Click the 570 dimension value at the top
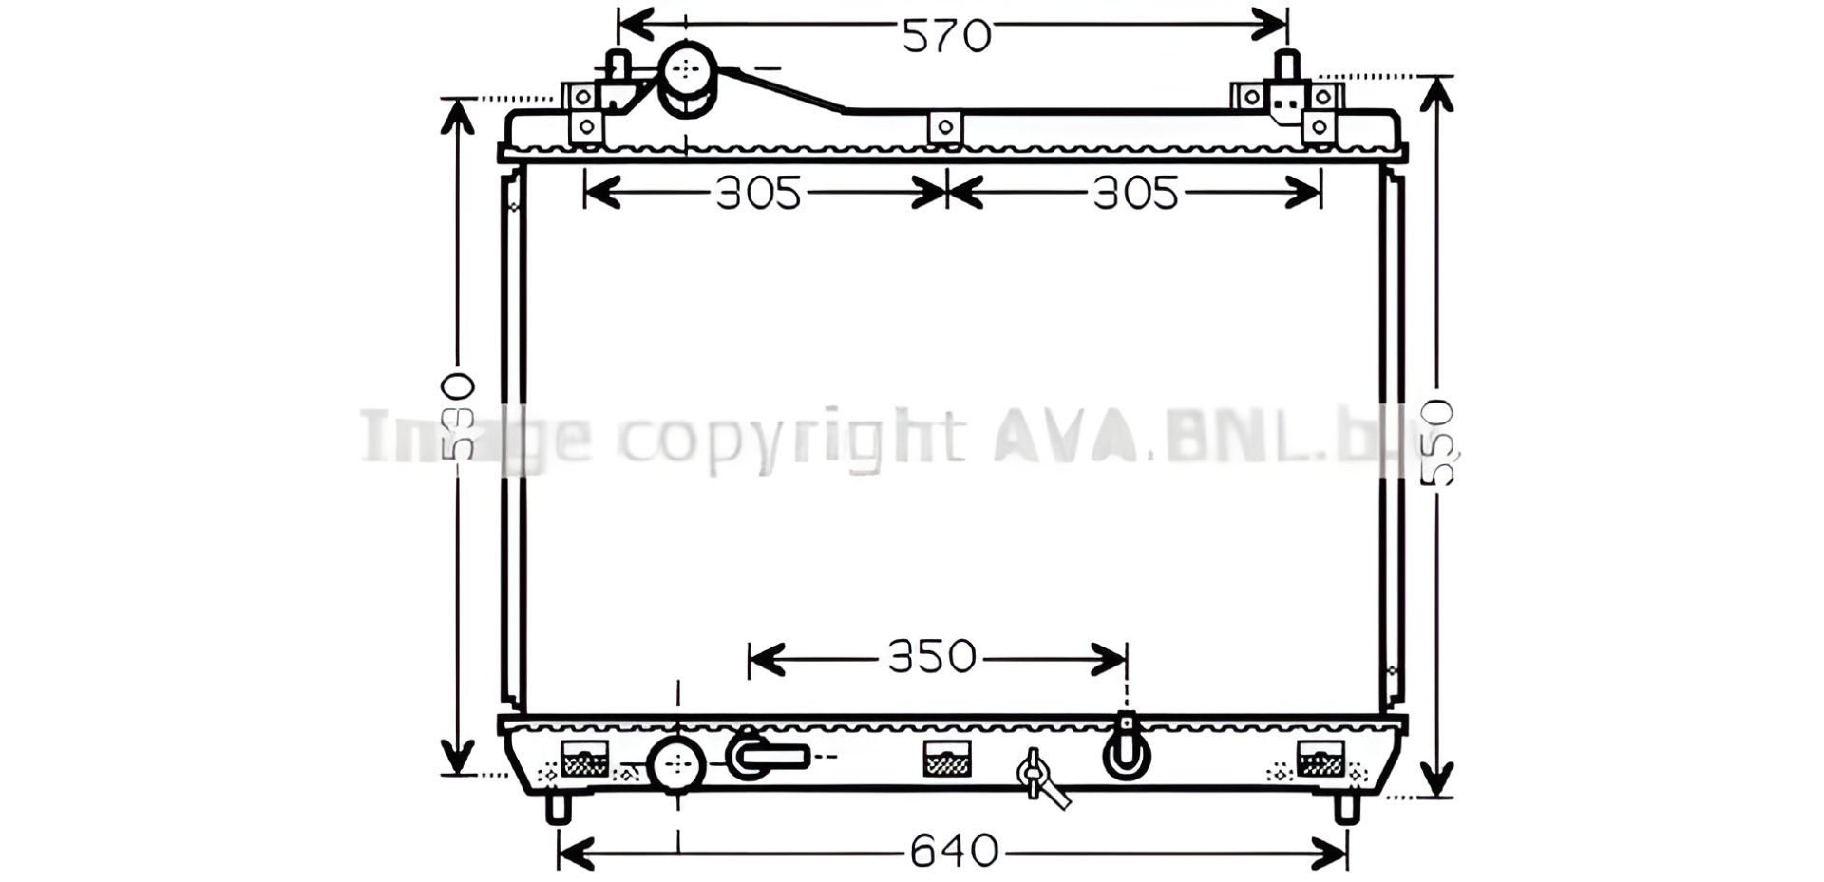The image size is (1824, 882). (x=946, y=36)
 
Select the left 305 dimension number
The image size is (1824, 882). (x=758, y=194)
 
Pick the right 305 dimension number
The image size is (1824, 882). (x=1135, y=194)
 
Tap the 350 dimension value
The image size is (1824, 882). (x=932, y=657)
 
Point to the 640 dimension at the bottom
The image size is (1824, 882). (x=954, y=851)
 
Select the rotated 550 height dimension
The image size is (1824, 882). (x=1438, y=443)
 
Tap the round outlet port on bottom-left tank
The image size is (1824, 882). (x=676, y=763)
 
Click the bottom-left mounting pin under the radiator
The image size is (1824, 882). (x=558, y=808)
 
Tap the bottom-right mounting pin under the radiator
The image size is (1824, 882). (x=1347, y=808)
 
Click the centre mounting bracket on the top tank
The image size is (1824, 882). (x=944, y=127)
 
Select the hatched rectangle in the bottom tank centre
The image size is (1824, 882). (x=947, y=759)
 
